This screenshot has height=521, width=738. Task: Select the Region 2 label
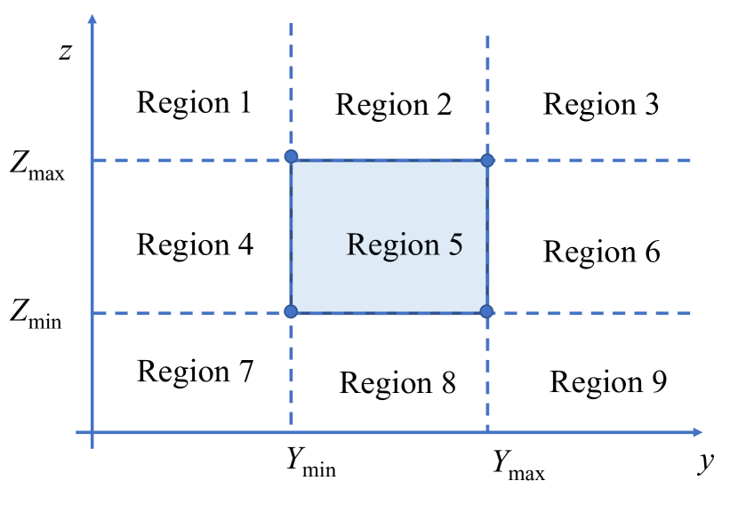(393, 105)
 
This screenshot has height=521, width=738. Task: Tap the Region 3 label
(601, 104)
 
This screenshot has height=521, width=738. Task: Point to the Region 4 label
(195, 244)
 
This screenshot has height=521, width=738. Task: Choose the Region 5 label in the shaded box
(405, 244)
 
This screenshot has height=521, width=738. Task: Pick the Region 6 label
(602, 252)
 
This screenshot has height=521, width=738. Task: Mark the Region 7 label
(196, 370)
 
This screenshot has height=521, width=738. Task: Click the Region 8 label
(397, 382)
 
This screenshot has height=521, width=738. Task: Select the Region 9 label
(608, 381)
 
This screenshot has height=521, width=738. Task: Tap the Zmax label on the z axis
(38, 164)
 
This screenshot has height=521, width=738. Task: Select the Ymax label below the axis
(518, 463)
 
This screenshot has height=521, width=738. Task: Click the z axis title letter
(64, 51)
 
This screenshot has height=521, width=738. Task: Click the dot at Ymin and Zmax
(291, 157)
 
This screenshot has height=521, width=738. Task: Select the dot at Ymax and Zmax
(487, 160)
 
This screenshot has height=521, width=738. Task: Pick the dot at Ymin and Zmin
(291, 311)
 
